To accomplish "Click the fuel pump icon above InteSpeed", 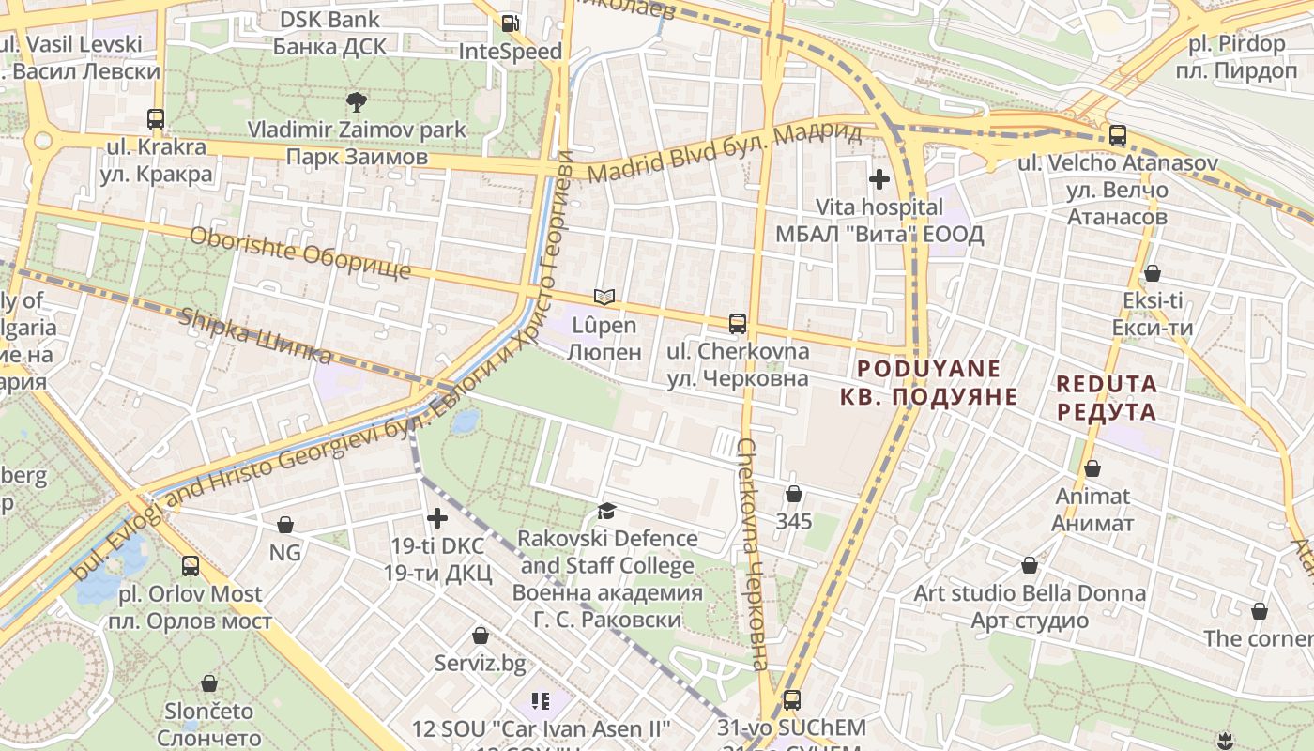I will click(x=510, y=23).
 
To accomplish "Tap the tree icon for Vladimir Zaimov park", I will click(x=356, y=101).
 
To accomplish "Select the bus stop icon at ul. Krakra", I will click(x=156, y=119).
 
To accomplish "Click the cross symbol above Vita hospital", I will click(x=879, y=178).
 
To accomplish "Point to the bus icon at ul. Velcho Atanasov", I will click(x=1117, y=135).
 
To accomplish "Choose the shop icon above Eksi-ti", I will click(x=1152, y=273).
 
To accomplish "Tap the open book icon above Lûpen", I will click(x=604, y=298).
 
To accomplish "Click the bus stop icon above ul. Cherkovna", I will click(x=738, y=324).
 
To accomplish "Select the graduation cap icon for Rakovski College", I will click(x=607, y=511).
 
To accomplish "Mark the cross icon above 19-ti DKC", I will click(x=437, y=517).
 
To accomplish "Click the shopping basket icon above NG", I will click(x=285, y=524).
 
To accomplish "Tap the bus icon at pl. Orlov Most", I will click(x=191, y=566).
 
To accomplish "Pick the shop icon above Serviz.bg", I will click(x=481, y=636).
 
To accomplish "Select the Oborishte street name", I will click(x=300, y=253).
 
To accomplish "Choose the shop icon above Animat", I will click(x=1092, y=468).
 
